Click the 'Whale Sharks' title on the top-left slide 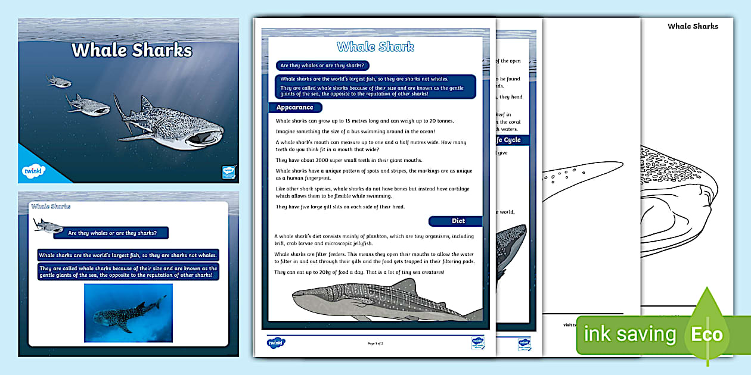coord(132,50)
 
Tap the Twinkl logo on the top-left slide coord(33,171)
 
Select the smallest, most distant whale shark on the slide coord(59,81)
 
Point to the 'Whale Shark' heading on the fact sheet coord(375,47)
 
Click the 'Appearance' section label coord(294,108)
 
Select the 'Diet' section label coord(457,221)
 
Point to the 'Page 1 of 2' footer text coord(375,343)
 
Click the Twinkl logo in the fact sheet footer coord(276,342)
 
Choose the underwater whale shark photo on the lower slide coord(128,312)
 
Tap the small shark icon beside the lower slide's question coord(48,226)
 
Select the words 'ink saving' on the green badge coord(630,335)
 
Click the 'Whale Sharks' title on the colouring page coord(693,26)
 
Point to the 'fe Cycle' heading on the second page coord(507,140)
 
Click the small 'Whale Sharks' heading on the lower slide coord(51,207)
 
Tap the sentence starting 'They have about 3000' coord(349,160)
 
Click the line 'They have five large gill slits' coord(340,207)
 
